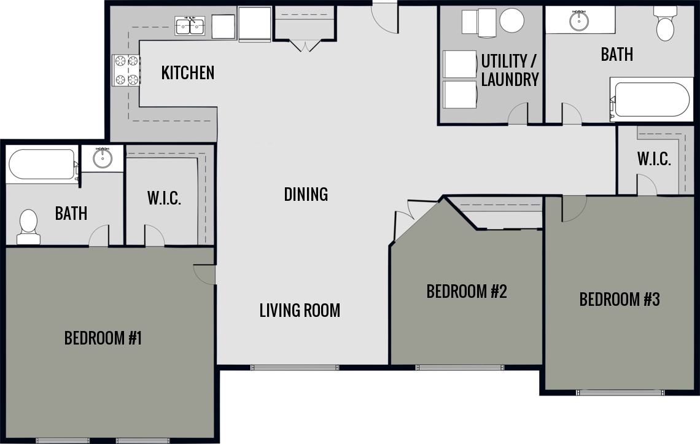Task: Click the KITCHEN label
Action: pos(188,72)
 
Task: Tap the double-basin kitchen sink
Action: pos(190,26)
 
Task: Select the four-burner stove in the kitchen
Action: pos(126,70)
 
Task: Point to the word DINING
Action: pos(306,194)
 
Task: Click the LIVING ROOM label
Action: pos(300,310)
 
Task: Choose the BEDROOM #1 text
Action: pos(103,338)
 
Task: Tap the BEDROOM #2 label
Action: pos(467,291)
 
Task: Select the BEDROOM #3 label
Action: pos(620,300)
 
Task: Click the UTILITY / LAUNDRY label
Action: pos(510,70)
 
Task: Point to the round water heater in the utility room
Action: pos(511,21)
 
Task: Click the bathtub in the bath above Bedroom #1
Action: pos(42,165)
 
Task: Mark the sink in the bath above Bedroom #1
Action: pos(103,159)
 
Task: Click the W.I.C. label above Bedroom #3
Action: pos(653,159)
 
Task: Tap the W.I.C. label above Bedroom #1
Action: pos(164,198)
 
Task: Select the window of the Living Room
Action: pos(294,368)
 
